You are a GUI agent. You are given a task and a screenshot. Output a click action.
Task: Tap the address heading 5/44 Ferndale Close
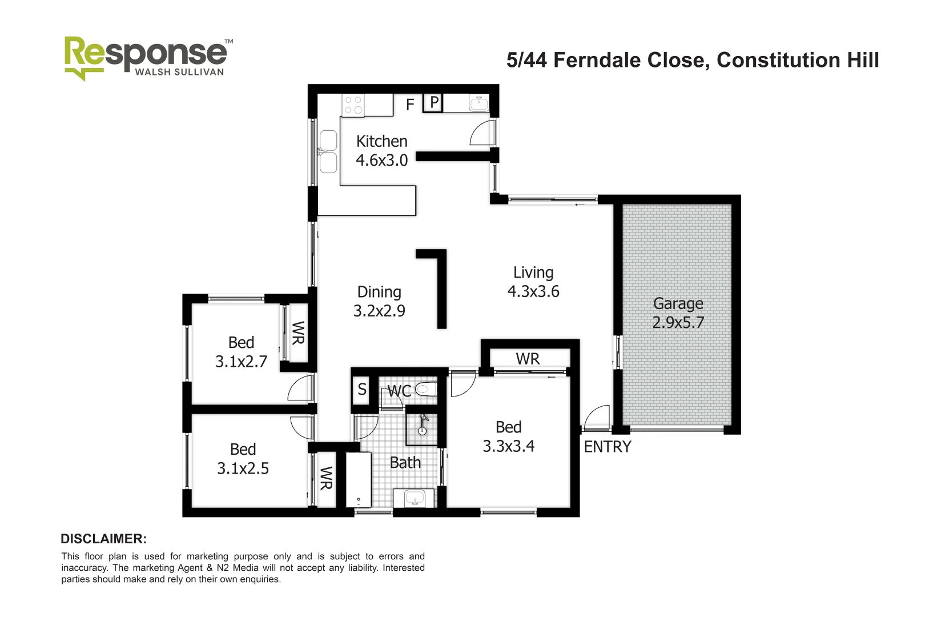(692, 60)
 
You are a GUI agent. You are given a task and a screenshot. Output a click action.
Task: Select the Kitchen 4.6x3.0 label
(381, 151)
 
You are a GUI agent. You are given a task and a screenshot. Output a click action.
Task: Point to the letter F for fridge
(410, 105)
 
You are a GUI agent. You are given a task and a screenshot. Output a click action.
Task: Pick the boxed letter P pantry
(434, 103)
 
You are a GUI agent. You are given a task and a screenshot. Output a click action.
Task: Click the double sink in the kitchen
(328, 151)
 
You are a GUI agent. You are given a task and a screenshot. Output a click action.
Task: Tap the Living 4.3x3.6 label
(533, 282)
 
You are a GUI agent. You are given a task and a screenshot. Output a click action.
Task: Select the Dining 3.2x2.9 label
(379, 302)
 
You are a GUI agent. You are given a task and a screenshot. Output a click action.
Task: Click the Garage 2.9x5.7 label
(678, 313)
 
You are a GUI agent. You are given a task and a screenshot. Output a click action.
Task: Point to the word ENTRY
(607, 447)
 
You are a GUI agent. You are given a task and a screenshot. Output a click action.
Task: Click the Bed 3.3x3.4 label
(508, 436)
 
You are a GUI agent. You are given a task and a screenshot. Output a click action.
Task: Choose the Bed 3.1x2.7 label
(241, 352)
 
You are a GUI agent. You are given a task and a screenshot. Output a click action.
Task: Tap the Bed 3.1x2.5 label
(243, 459)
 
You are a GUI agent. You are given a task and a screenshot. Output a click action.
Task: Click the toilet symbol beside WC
(425, 390)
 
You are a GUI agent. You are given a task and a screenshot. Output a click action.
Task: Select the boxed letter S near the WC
(361, 390)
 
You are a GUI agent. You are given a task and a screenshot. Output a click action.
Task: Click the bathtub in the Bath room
(359, 480)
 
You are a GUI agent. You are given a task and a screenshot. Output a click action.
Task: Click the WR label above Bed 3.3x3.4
(527, 359)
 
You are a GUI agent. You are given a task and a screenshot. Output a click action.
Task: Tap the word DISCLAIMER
(103, 539)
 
